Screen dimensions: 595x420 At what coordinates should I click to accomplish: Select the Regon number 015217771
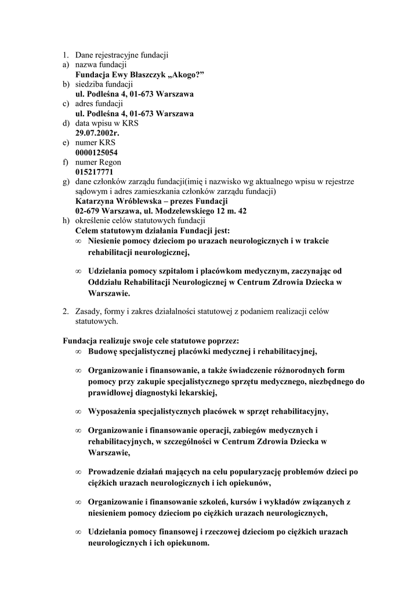[x=94, y=173]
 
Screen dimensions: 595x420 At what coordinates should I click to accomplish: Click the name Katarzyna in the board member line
[x=95, y=202]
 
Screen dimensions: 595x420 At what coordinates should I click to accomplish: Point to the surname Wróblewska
[x=141, y=202]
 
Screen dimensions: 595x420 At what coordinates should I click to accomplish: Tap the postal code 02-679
[x=88, y=212]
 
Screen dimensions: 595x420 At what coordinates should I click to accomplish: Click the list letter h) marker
[x=67, y=221]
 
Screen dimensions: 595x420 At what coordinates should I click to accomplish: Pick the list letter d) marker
[x=67, y=123]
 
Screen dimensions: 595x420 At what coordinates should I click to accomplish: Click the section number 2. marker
[x=67, y=311]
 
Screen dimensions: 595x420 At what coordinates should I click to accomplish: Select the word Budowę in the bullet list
[x=103, y=352]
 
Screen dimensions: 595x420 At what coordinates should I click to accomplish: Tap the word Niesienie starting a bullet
[x=108, y=241]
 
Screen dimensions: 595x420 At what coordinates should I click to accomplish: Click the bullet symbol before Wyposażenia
[x=78, y=413]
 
